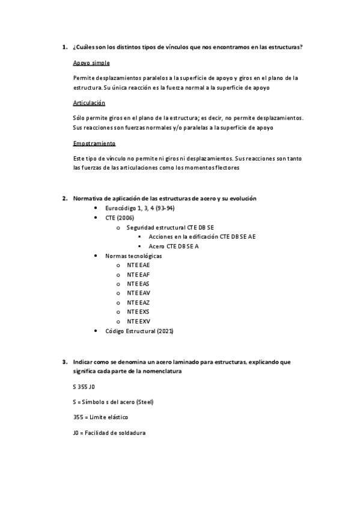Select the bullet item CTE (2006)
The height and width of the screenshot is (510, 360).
(x=120, y=218)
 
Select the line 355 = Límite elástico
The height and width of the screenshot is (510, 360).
(x=100, y=417)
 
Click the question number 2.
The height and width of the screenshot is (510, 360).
(x=64, y=198)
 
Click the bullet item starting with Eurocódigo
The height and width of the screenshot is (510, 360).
(x=139, y=208)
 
